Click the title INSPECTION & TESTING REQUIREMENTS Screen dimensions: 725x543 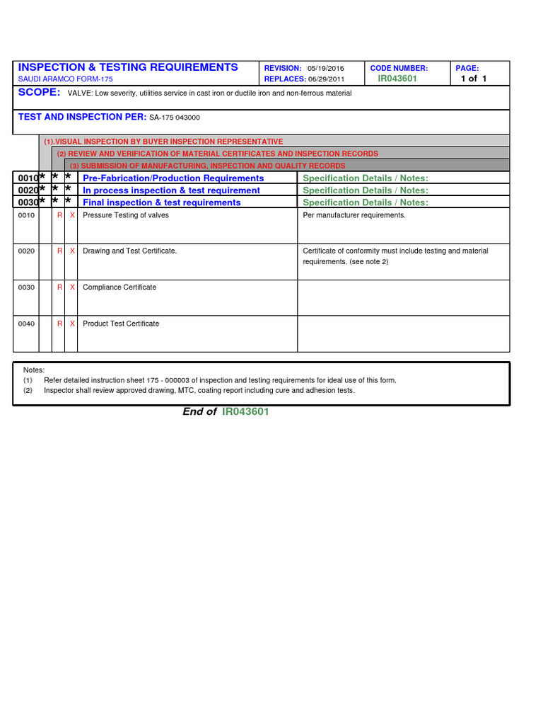(128, 67)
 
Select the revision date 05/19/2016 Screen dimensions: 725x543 (326, 68)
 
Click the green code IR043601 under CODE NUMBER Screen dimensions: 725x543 (397, 79)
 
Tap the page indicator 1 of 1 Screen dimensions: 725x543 (474, 79)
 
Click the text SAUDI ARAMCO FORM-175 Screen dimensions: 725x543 (65, 79)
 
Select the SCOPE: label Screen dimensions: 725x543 (39, 93)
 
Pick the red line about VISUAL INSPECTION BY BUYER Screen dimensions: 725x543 (163, 142)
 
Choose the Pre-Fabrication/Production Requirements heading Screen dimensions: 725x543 (173, 178)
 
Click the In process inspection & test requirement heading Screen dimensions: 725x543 (171, 190)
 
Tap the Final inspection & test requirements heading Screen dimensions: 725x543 (162, 202)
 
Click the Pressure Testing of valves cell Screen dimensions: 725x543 (126, 215)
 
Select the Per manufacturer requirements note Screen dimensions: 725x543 (354, 215)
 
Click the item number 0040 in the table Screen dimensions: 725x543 (26, 324)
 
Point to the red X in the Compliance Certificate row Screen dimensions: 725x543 (72, 287)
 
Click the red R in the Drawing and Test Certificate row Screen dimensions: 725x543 (60, 251)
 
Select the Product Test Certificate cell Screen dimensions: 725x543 (121, 324)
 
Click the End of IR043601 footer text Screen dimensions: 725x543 (226, 412)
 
